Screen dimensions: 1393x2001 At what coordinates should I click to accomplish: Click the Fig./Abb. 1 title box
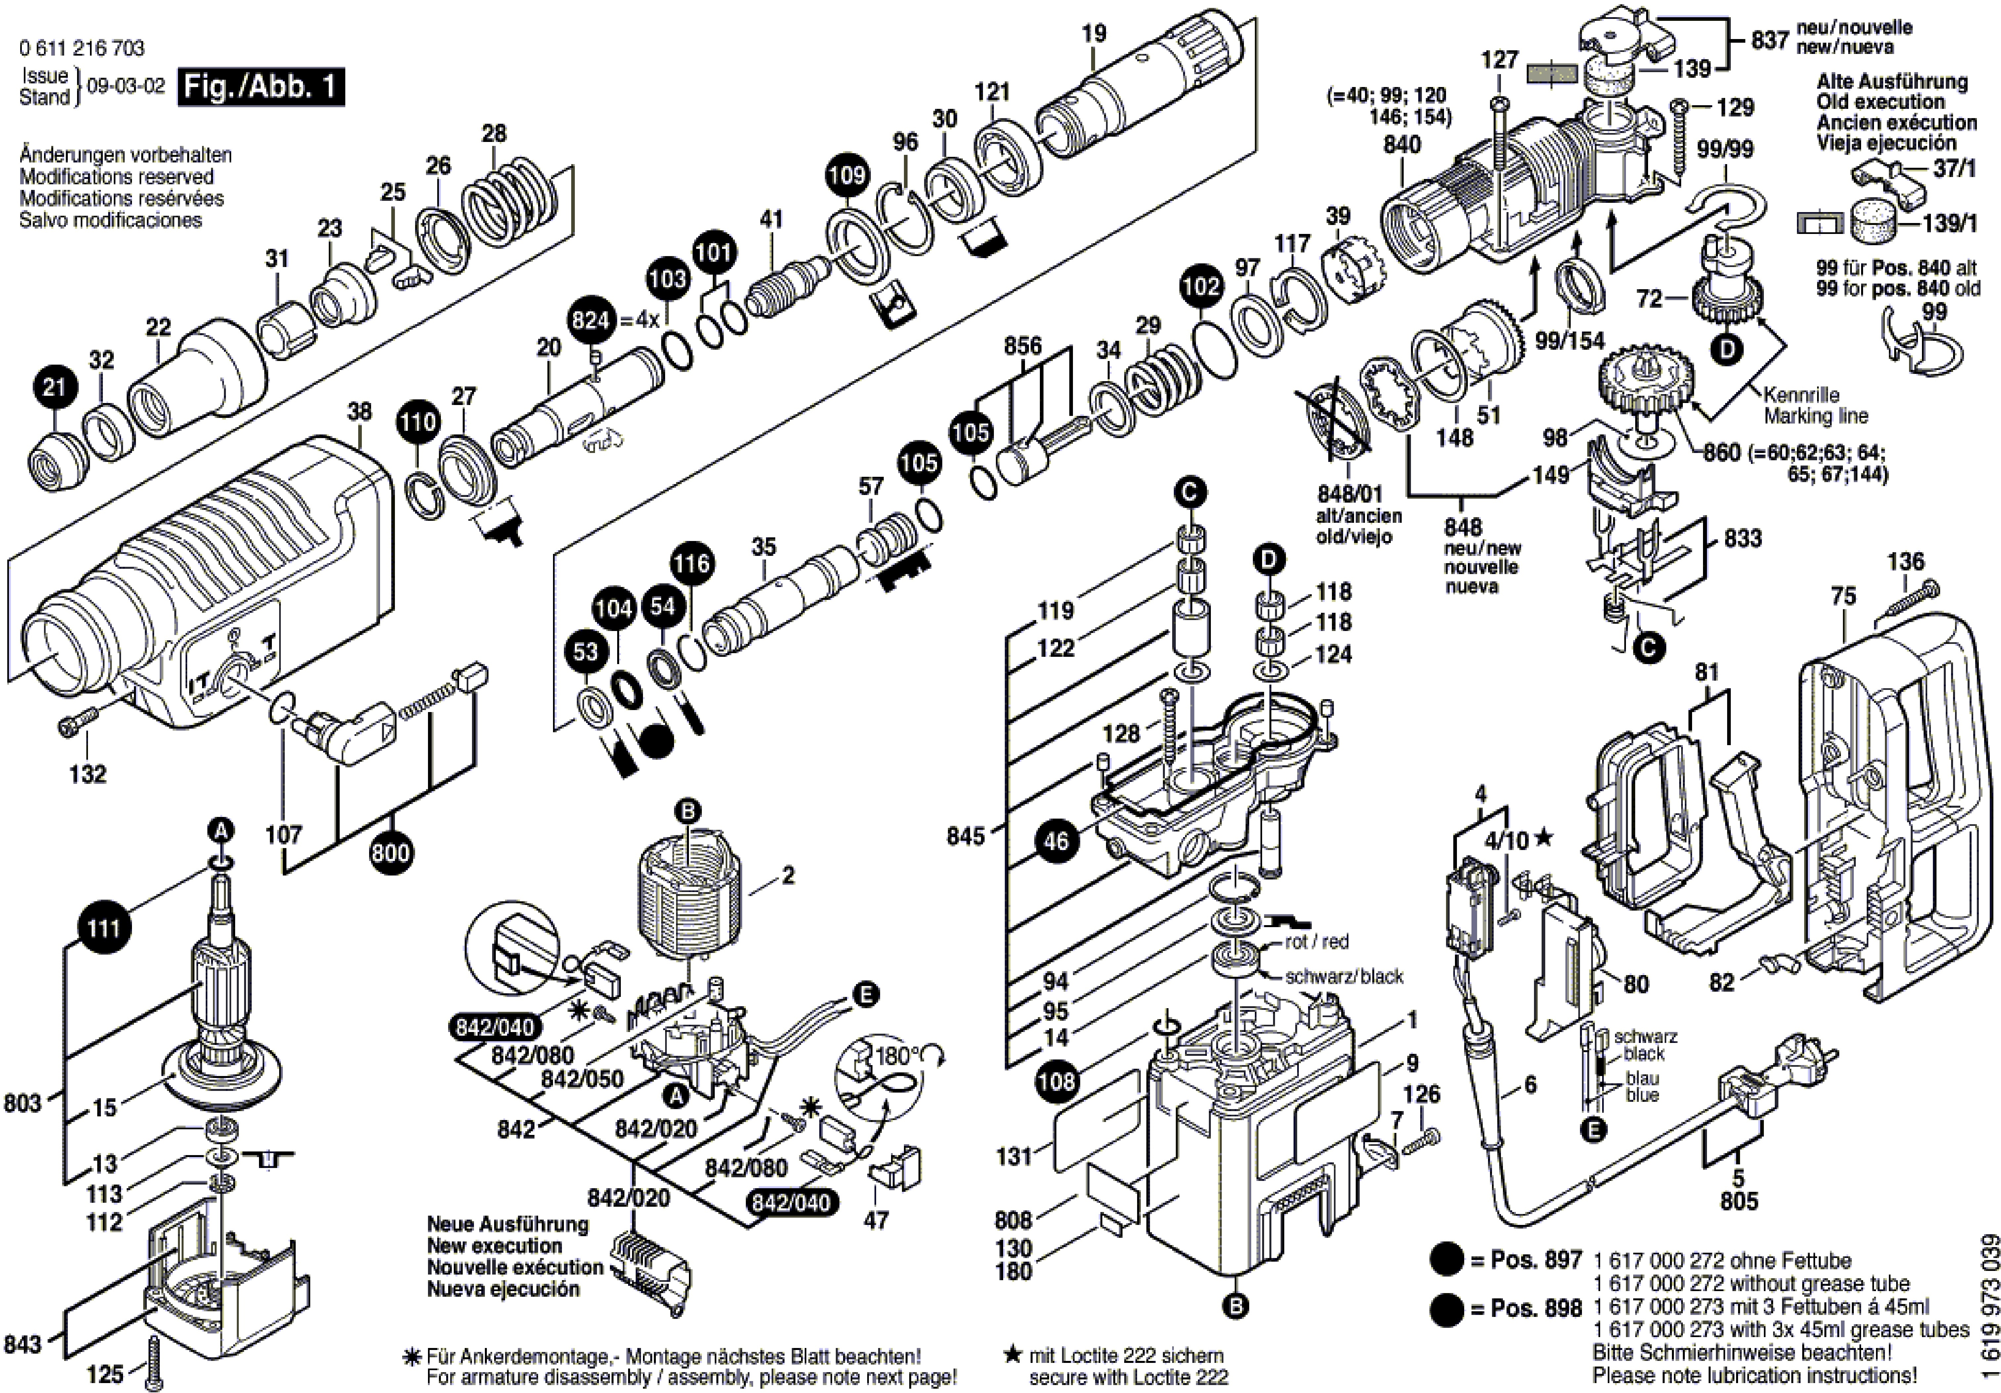[261, 88]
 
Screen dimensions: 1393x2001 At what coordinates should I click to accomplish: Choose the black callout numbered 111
[103, 927]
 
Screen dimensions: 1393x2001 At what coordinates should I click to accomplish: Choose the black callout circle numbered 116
[692, 564]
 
